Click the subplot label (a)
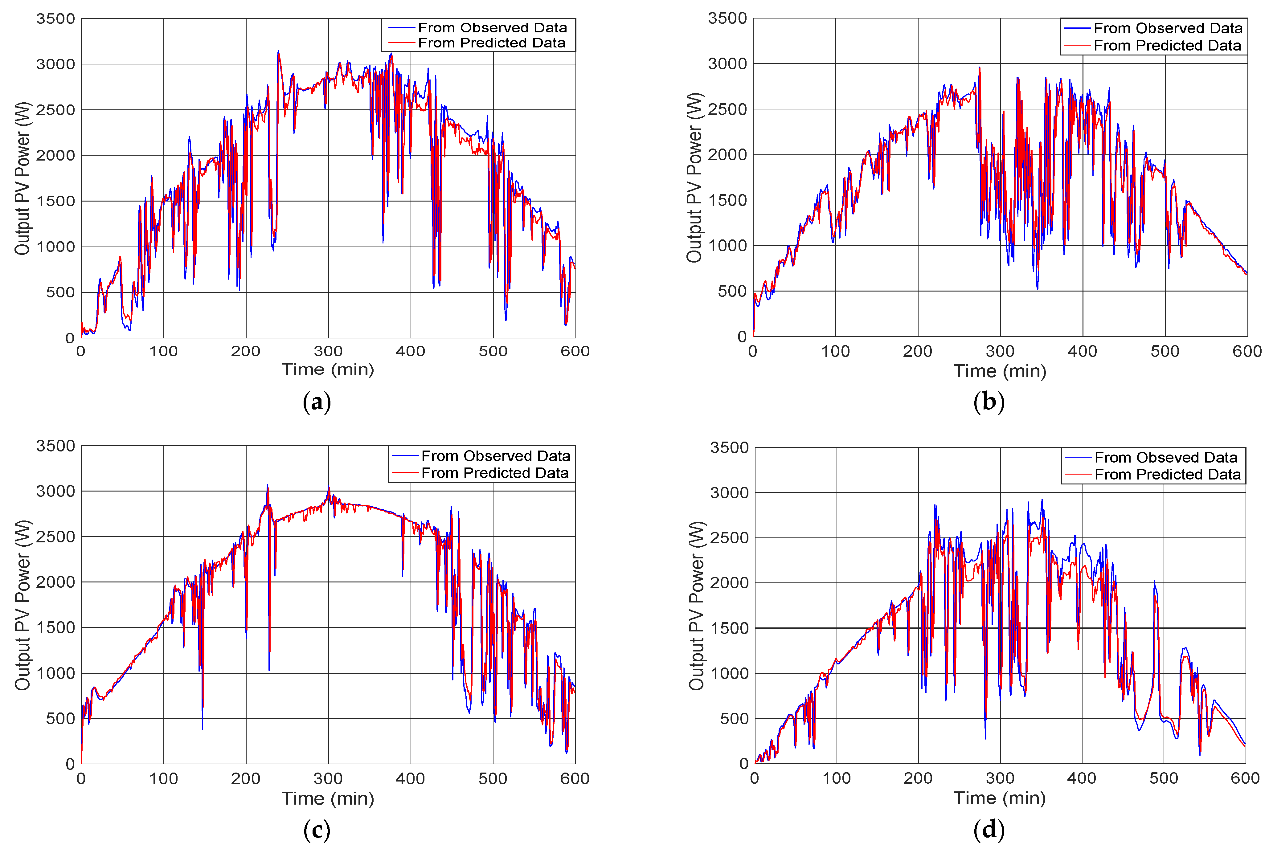(317, 402)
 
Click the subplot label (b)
(989, 402)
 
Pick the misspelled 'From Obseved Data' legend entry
(1166, 458)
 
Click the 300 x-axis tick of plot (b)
(1000, 351)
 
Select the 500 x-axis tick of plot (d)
(1164, 778)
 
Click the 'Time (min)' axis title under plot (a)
(328, 370)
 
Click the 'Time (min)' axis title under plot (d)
(1000, 798)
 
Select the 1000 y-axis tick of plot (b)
(727, 246)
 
